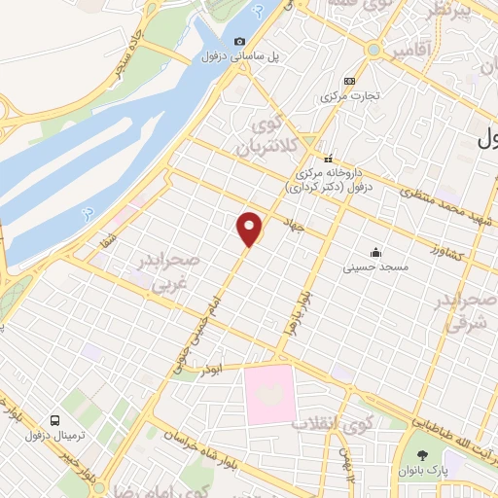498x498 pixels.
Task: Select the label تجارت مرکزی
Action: coord(348,96)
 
